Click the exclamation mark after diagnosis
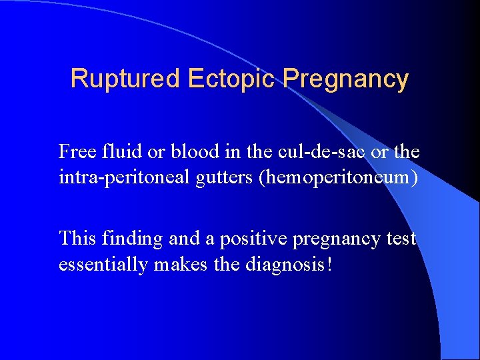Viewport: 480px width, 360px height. pyautogui.click(x=328, y=265)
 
